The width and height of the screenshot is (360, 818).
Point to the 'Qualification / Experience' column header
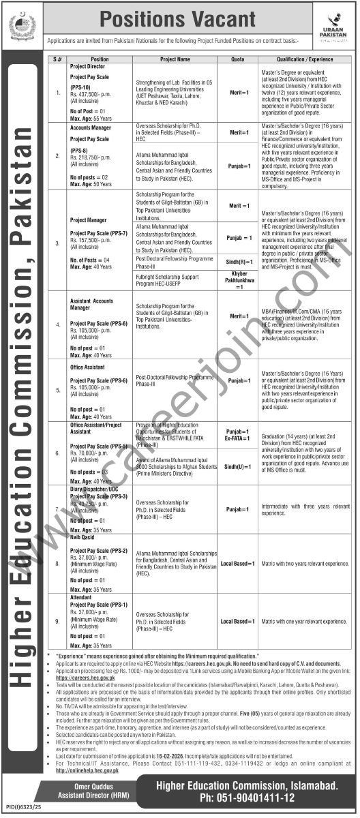point(303,59)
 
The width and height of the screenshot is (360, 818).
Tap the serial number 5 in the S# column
point(57,391)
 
